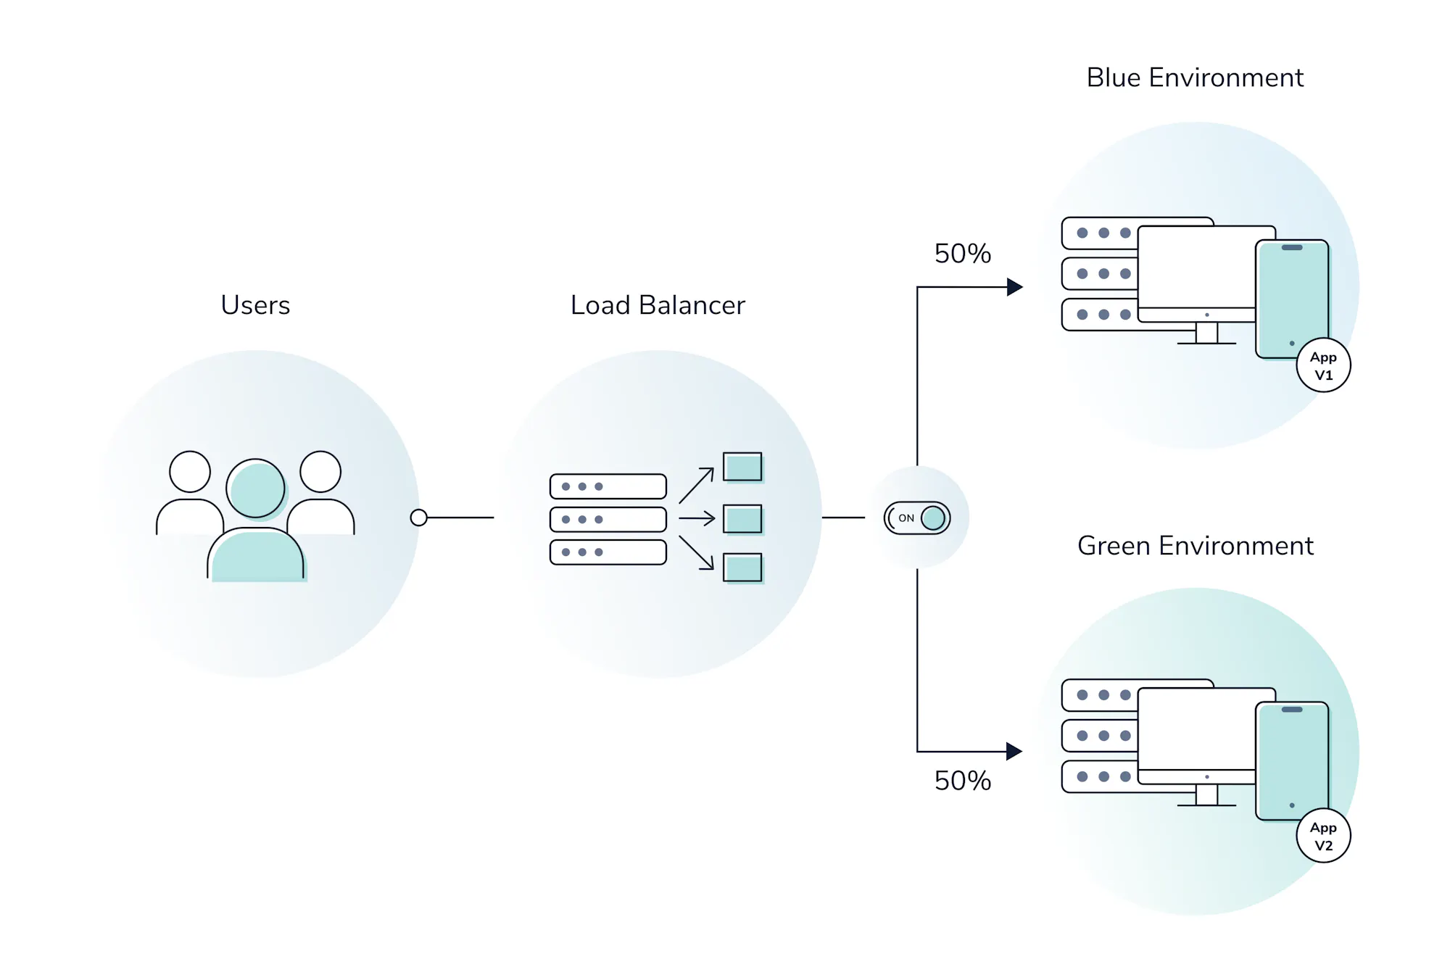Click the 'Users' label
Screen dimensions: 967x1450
[x=255, y=305]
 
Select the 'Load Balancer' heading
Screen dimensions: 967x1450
[x=658, y=305]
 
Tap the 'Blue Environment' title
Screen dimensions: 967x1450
[x=1195, y=78]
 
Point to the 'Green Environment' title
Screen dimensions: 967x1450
[x=1195, y=546]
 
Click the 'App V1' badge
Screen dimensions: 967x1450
[x=1323, y=365]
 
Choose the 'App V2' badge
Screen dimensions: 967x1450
[x=1323, y=836]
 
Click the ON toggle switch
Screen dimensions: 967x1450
[x=917, y=518]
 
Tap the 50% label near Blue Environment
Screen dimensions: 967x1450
[x=962, y=254]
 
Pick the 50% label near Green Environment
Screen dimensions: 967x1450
[x=962, y=781]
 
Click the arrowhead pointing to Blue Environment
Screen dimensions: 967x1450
[x=1014, y=287]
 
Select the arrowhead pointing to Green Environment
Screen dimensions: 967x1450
[x=1014, y=752]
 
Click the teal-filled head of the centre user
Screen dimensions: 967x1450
[x=255, y=489]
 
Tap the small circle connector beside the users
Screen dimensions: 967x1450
[x=418, y=518]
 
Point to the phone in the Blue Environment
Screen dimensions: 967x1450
[x=1292, y=297]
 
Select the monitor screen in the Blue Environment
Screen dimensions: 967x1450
[x=1196, y=267]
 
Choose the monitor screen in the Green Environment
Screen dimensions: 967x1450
[x=1196, y=729]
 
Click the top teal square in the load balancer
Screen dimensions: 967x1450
[x=742, y=467]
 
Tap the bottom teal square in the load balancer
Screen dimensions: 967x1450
[x=742, y=568]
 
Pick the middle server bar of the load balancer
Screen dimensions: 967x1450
[x=608, y=520]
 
